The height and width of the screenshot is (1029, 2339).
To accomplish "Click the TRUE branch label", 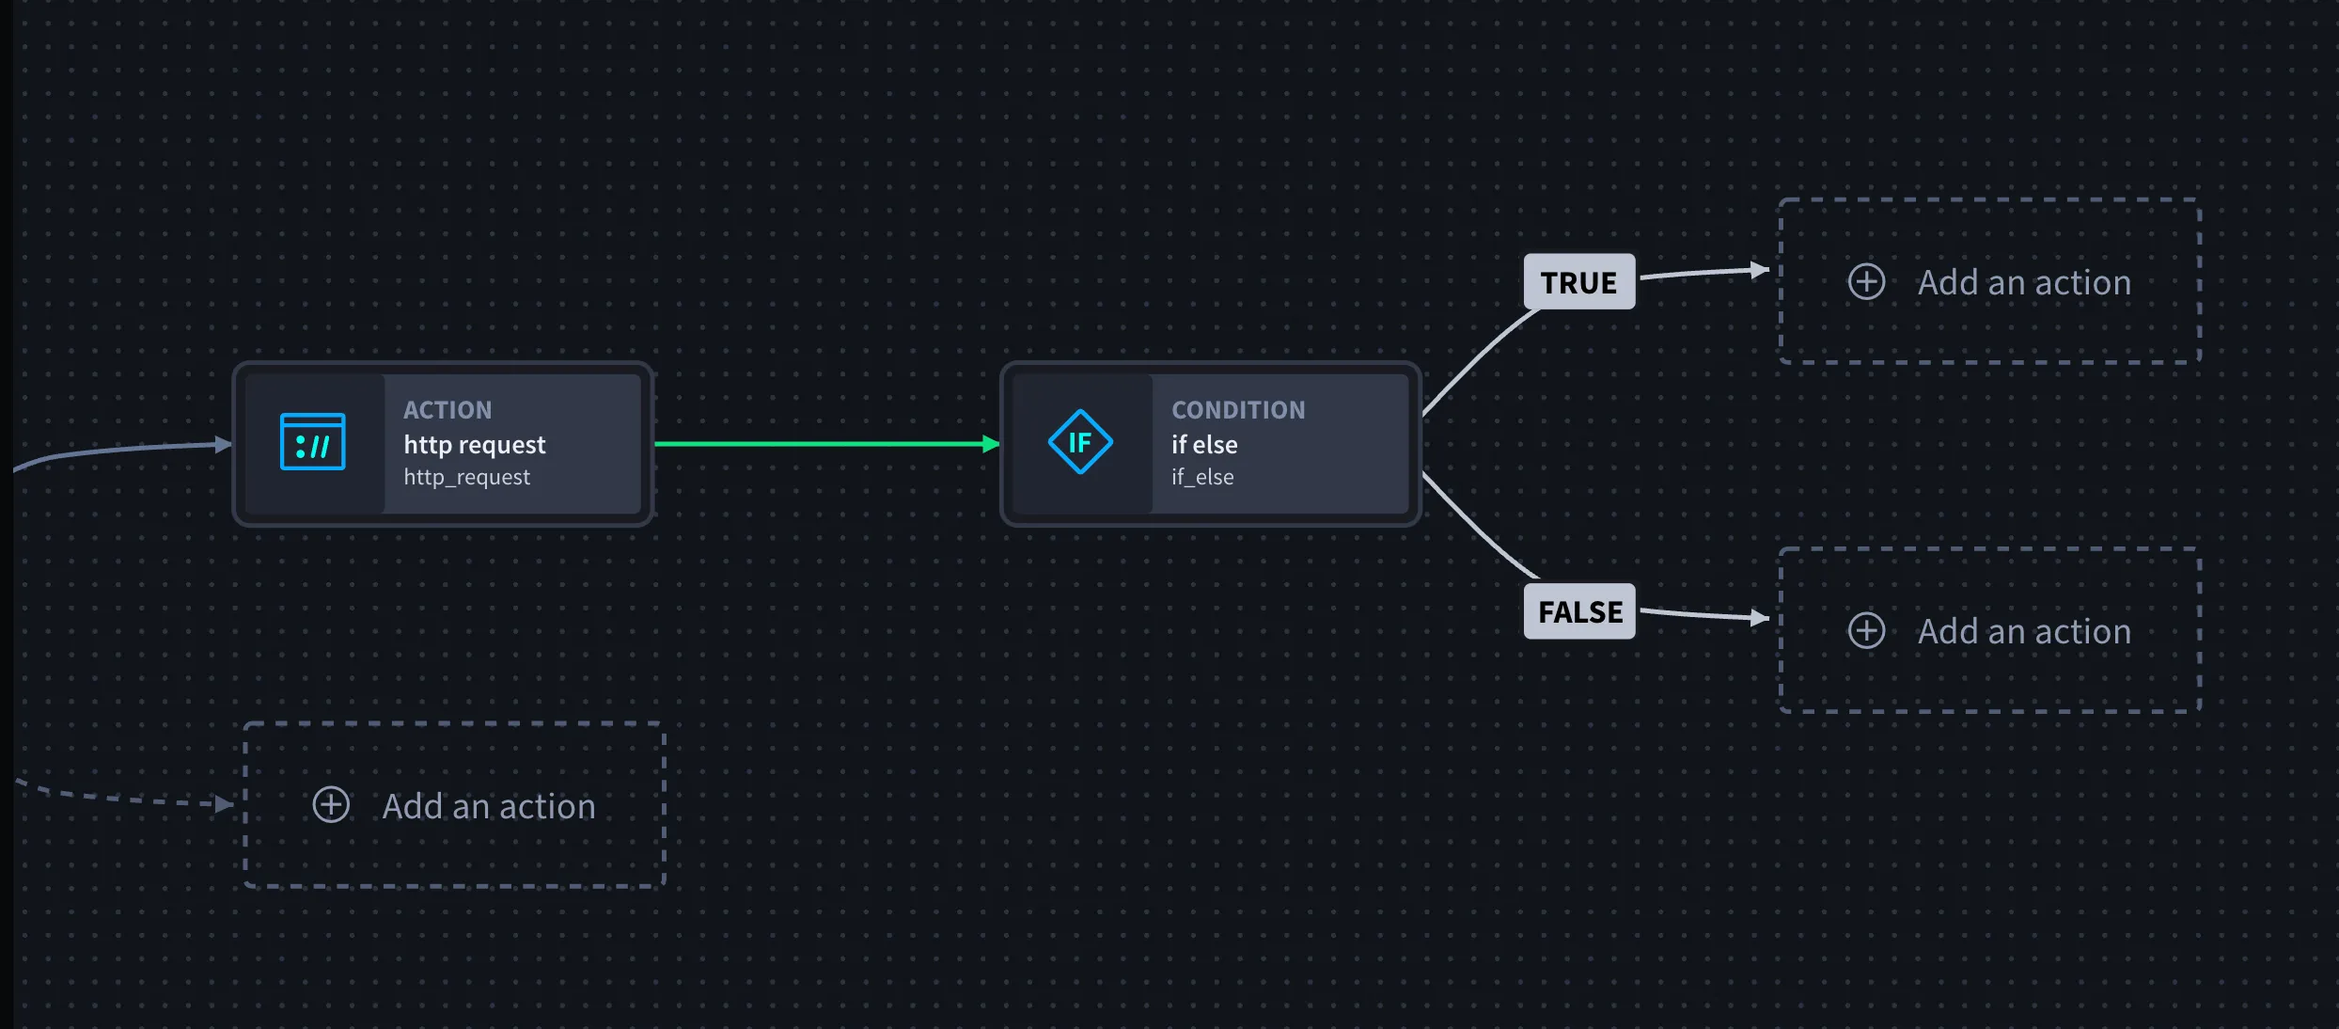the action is pos(1579,281).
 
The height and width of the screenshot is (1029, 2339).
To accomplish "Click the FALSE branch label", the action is pos(1579,611).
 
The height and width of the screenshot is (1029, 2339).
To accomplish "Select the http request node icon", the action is pos(313,441).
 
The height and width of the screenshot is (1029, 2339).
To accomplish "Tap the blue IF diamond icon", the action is pos(1080,441).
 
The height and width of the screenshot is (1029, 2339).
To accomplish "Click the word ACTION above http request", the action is pos(447,410).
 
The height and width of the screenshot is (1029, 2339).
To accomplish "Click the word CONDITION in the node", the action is pos(1238,410).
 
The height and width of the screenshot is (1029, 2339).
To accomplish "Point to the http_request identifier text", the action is pos(467,477).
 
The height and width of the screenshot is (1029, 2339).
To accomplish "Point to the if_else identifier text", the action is pos(1202,477).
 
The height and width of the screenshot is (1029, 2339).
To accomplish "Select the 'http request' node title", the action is pos(475,444).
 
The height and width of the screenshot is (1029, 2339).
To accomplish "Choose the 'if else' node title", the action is pos(1204,444).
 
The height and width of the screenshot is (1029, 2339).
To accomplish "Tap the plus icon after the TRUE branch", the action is pos(1866,281).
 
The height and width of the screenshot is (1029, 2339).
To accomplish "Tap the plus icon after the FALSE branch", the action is pos(1866,630).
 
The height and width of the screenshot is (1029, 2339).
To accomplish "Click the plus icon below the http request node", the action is pos(331,805).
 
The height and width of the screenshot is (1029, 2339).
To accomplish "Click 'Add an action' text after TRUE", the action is pos(2024,282).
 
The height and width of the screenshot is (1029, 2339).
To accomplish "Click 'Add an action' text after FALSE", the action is pos(2024,631).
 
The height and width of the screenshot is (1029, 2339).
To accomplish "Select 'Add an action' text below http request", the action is pos(489,806).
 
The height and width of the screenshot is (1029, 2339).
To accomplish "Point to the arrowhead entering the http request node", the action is pos(224,444).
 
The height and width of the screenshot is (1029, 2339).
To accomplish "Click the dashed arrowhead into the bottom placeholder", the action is pos(224,803).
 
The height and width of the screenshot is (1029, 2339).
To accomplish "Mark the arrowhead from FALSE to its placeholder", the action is pos(1760,618).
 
